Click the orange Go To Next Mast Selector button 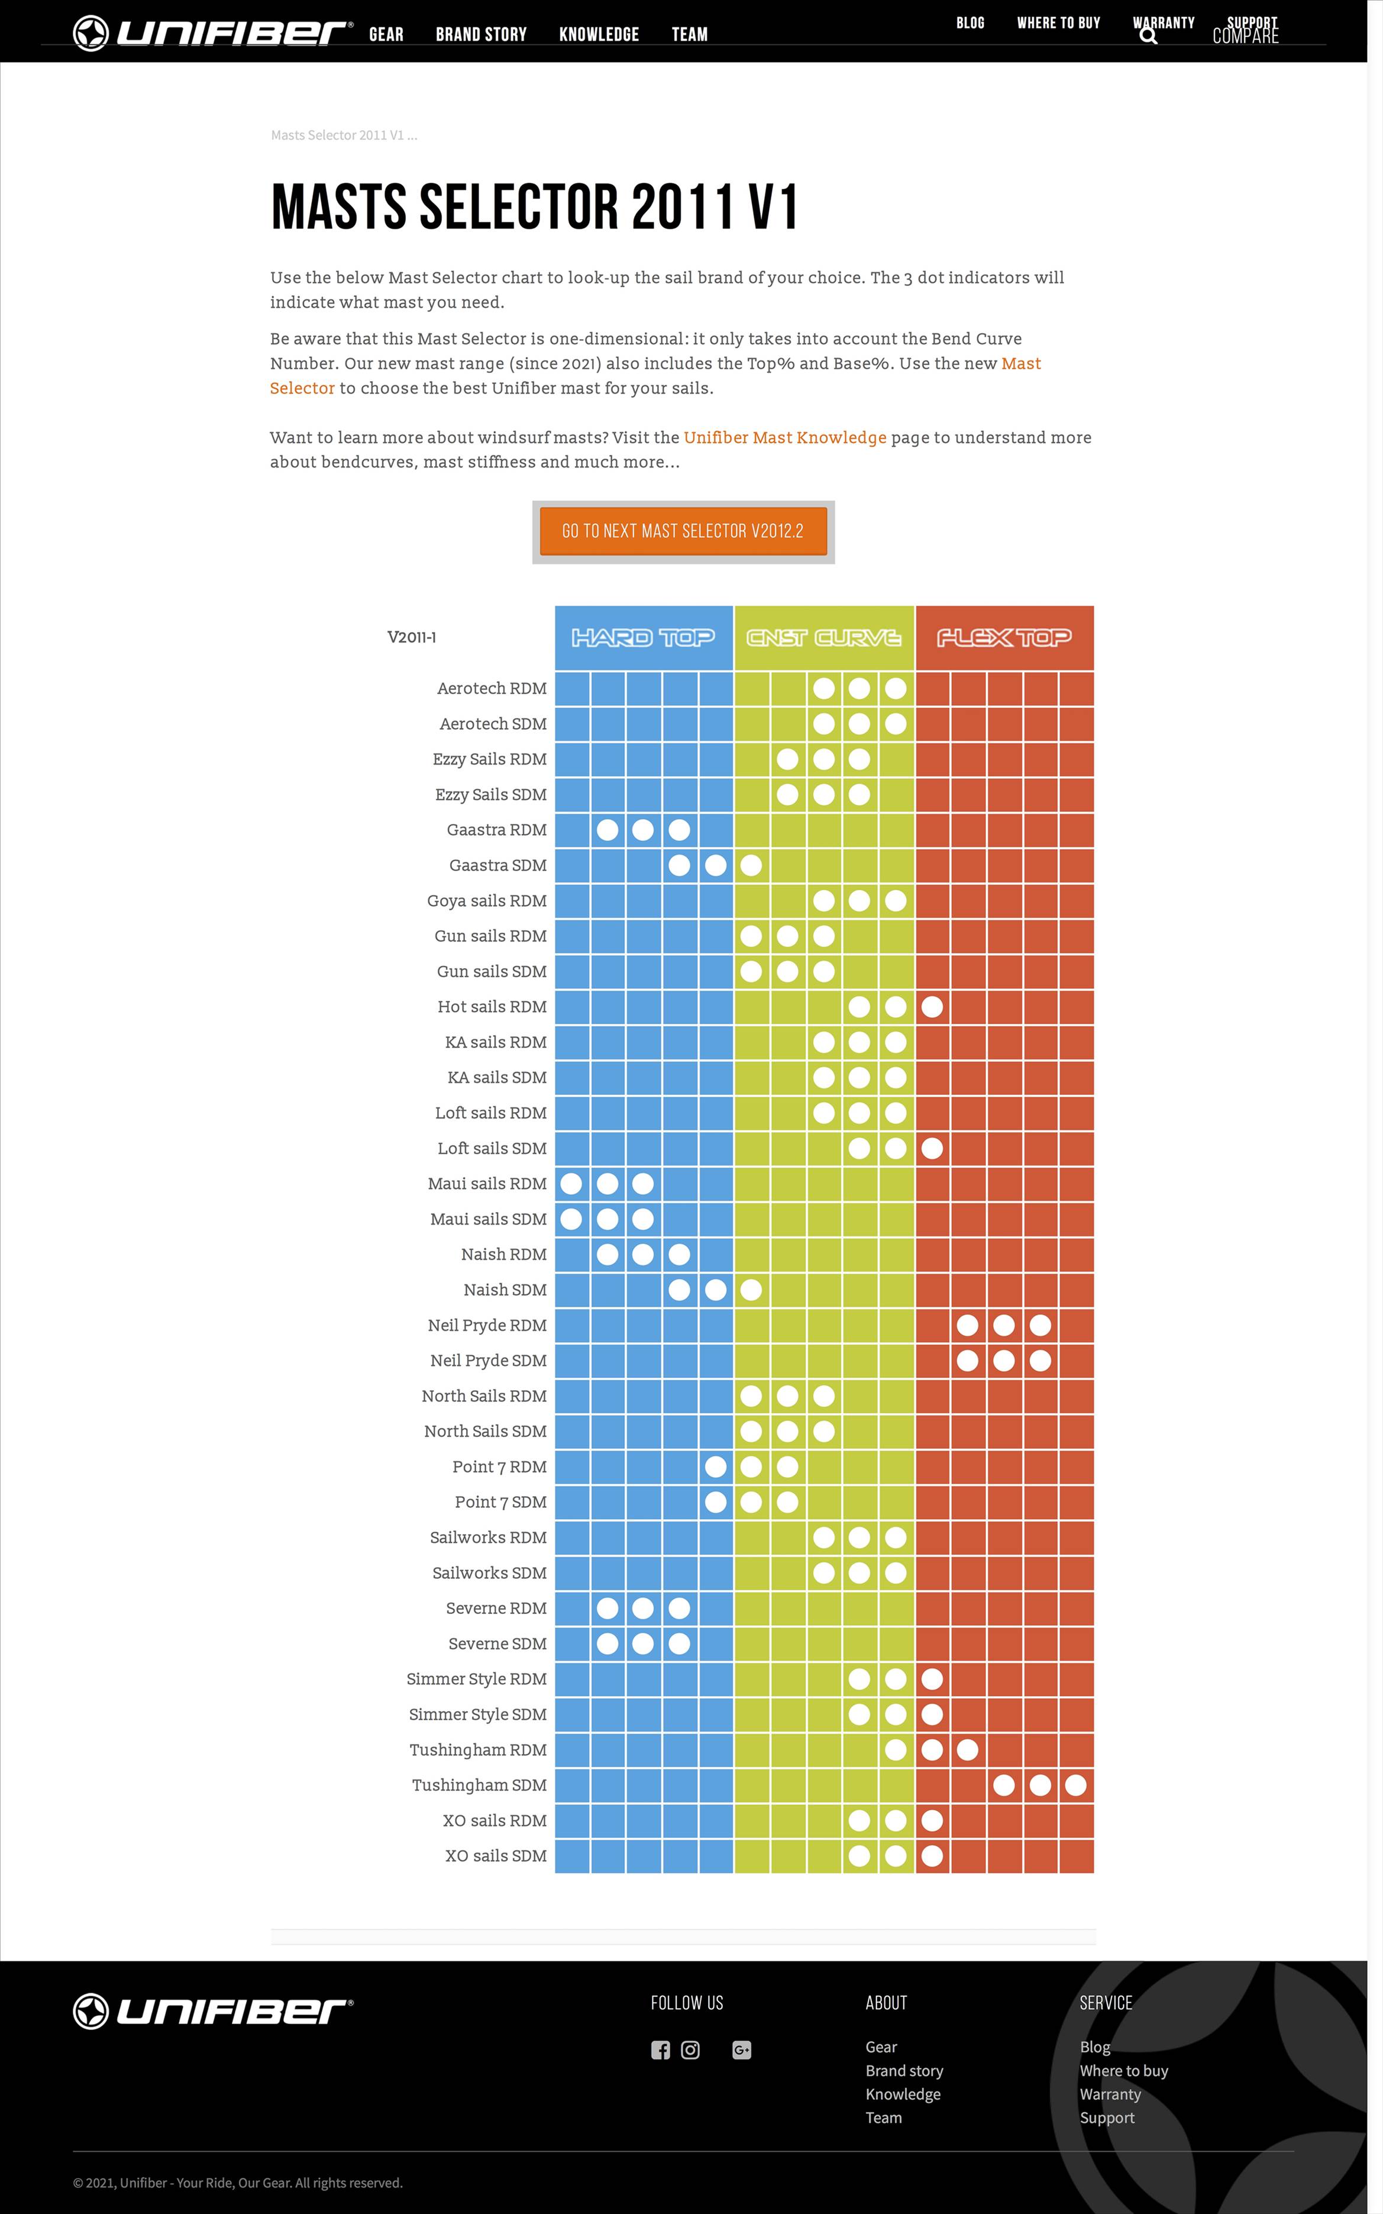[x=683, y=531]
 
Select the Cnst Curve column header [x=823, y=637]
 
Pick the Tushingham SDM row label [x=479, y=1785]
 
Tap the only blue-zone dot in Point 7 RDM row [x=715, y=1467]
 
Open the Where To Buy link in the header [x=1058, y=23]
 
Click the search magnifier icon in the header [x=1148, y=37]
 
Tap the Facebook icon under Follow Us [x=660, y=2050]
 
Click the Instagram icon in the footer [x=690, y=2050]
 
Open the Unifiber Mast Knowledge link [x=785, y=437]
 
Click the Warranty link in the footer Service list [x=1110, y=2094]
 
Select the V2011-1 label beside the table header [x=412, y=637]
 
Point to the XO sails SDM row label [x=495, y=1855]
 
